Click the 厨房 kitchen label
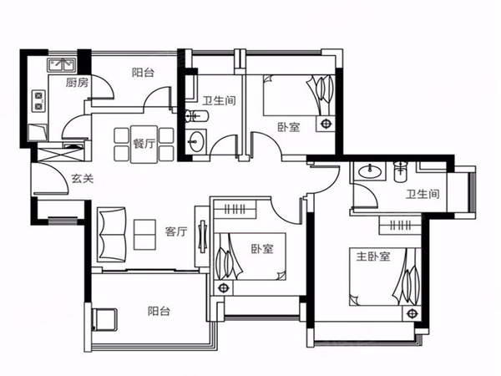pyautogui.click(x=77, y=83)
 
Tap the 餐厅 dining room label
pyautogui.click(x=144, y=144)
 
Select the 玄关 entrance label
pyautogui.click(x=83, y=178)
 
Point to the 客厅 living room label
pyautogui.click(x=176, y=231)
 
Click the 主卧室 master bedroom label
pyautogui.click(x=373, y=257)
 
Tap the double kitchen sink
pyautogui.click(x=62, y=65)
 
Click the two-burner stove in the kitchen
pyautogui.click(x=38, y=101)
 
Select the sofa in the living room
pyautogui.click(x=111, y=234)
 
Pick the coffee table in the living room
pyautogui.click(x=144, y=234)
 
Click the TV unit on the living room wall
pyautogui.click(x=202, y=236)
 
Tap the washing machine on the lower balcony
pyautogui.click(x=104, y=319)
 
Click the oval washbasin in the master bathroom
pyautogui.click(x=370, y=171)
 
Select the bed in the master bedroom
pyautogui.click(x=385, y=277)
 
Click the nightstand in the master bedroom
pyautogui.click(x=412, y=313)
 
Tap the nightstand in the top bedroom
pyautogui.click(x=326, y=124)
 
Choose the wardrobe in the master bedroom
pyautogui.click(x=400, y=225)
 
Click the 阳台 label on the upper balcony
pyautogui.click(x=143, y=73)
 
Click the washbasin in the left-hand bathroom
pyautogui.click(x=195, y=140)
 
